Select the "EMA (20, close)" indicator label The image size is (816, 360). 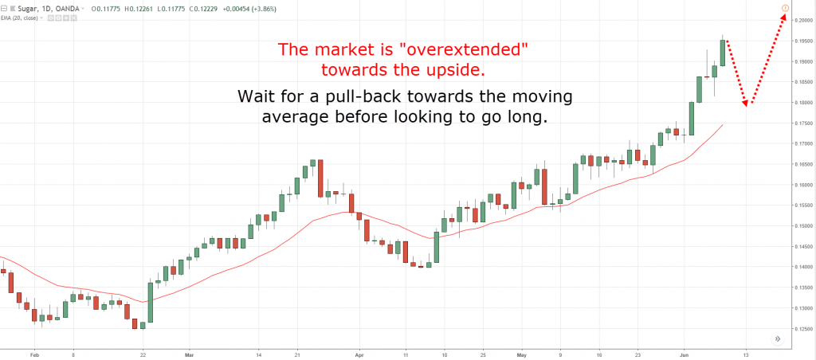point(22,17)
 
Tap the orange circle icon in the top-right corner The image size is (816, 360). point(785,9)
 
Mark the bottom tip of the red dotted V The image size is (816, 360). point(747,104)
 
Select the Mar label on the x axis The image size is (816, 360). point(189,353)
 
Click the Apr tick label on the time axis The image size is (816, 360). point(359,353)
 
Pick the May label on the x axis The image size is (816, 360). point(522,353)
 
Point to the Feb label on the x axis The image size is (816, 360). point(33,353)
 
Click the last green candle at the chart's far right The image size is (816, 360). point(723,53)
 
